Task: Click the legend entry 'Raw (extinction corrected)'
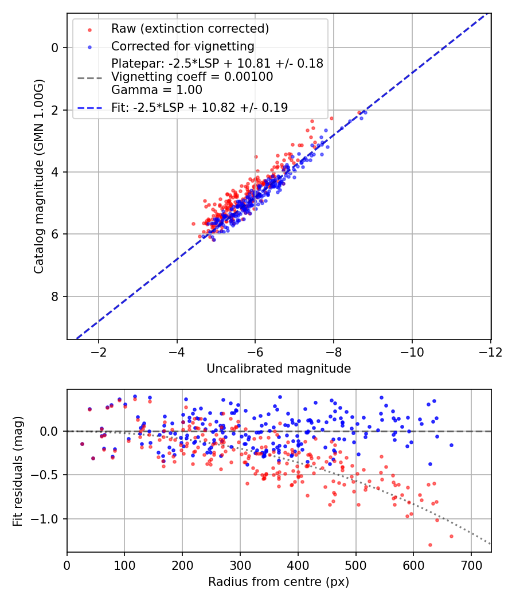coord(190,29)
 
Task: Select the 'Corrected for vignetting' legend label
coord(182,46)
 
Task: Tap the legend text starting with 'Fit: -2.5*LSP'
coord(200,107)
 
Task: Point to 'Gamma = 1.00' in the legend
coord(157,89)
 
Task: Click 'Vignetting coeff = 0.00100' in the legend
coord(192,77)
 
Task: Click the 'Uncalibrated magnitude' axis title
coord(279,369)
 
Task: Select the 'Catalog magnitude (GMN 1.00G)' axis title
coord(38,177)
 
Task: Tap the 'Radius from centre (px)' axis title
coord(279,582)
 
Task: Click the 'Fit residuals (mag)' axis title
coord(18,471)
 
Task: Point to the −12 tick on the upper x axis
coord(490,351)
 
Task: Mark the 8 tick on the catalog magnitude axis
coord(55,296)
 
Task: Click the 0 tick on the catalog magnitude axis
coord(55,48)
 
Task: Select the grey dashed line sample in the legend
coord(89,77)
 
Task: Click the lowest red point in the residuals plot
coord(430,545)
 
